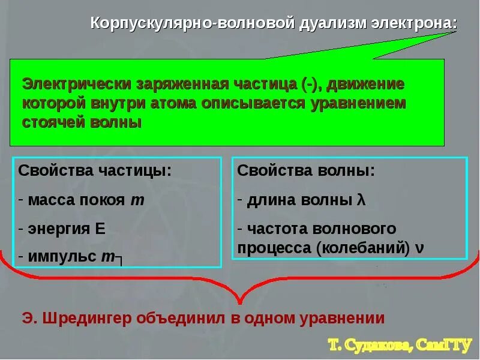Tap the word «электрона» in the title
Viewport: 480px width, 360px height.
[415, 25]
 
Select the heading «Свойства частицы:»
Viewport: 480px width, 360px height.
[95, 170]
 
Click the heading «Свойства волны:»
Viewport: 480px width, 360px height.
[306, 170]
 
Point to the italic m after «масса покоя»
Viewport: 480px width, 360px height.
[137, 200]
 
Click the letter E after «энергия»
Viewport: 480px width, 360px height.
[100, 229]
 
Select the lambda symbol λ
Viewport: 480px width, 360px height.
[361, 200]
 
